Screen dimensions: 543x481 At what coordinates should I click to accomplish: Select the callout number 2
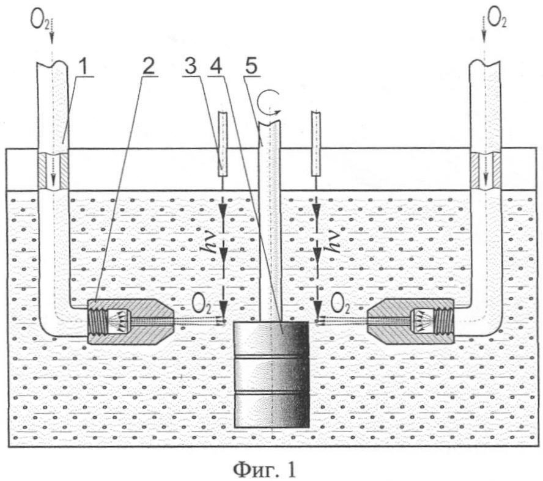[147, 66]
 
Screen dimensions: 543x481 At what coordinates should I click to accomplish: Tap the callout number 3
[191, 66]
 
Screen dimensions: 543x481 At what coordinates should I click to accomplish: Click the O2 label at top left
[40, 21]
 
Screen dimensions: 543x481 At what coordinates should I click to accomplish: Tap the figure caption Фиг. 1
[265, 469]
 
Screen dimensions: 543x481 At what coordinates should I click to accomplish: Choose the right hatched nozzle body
[411, 321]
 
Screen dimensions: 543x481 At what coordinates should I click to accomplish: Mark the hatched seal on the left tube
[53, 171]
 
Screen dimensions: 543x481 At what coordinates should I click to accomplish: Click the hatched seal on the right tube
[485, 171]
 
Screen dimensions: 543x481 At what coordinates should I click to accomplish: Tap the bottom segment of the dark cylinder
[271, 410]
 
